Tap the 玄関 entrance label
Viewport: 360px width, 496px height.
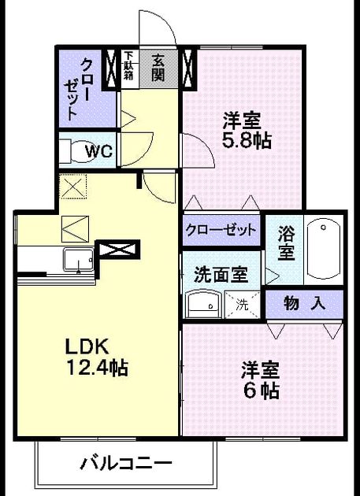[x=158, y=68]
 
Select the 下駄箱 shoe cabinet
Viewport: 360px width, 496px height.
[x=129, y=67]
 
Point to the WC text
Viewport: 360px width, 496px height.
[x=98, y=152]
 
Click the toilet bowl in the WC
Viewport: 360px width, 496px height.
[x=82, y=151]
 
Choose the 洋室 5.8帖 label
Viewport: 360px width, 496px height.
[x=247, y=130]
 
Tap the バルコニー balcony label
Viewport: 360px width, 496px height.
[x=126, y=465]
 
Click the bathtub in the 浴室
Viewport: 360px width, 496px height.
[x=324, y=249]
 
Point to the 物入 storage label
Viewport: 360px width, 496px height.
[x=305, y=304]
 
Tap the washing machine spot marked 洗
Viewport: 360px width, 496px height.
[x=242, y=305]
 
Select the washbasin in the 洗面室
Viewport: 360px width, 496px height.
[x=202, y=304]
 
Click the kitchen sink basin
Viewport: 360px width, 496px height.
[x=79, y=260]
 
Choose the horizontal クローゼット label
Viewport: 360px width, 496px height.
[x=221, y=230]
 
